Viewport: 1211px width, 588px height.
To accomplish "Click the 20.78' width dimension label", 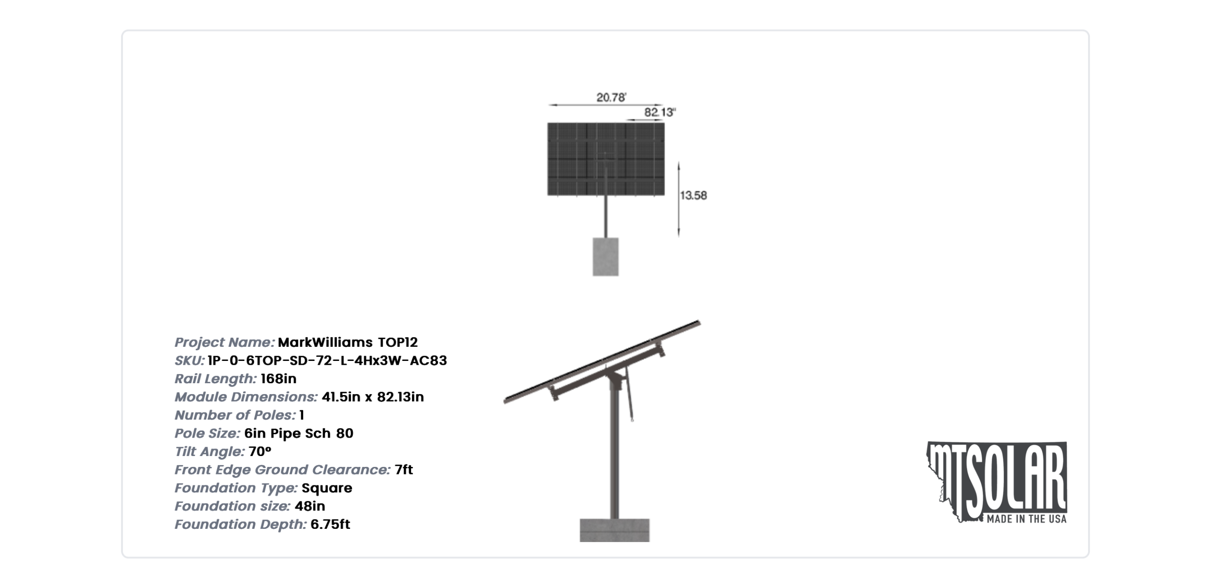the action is tap(611, 97).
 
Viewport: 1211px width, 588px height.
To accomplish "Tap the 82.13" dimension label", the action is tap(660, 112).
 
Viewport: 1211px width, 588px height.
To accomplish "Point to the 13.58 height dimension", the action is tap(693, 195).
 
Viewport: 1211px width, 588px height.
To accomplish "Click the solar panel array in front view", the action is tap(606, 159).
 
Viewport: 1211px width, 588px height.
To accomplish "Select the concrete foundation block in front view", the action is tap(605, 256).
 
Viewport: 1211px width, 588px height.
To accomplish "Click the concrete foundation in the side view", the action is tap(614, 530).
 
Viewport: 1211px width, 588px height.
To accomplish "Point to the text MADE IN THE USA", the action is tap(1027, 519).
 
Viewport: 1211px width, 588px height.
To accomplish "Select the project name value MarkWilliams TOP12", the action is tap(348, 342).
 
